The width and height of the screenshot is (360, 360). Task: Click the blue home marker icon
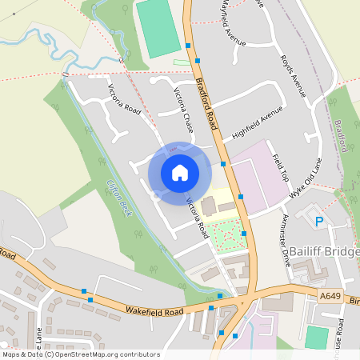[x=180, y=172]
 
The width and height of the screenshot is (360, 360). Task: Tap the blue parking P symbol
[x=319, y=222]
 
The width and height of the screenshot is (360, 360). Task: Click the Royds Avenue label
[x=294, y=77]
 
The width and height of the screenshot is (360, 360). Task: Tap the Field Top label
[x=279, y=166]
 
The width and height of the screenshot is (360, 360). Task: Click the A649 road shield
[x=330, y=295]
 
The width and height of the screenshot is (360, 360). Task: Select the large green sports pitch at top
[x=158, y=28]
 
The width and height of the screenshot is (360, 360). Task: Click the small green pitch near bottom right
[x=317, y=338]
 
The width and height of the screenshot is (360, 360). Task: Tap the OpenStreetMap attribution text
[x=80, y=354]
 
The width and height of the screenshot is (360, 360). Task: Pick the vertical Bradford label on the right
[x=341, y=136]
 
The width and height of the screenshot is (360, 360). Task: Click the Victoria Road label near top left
[x=124, y=99]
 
